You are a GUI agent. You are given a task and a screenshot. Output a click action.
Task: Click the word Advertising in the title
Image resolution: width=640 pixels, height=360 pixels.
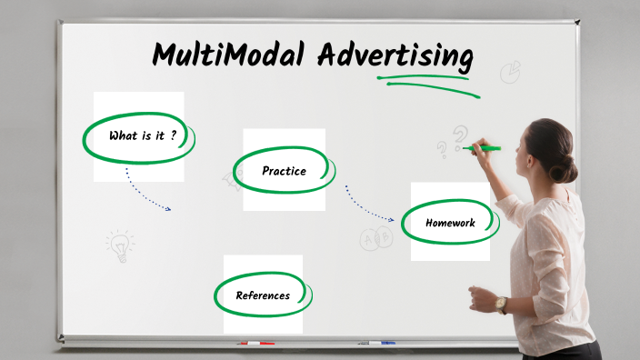click(x=395, y=56)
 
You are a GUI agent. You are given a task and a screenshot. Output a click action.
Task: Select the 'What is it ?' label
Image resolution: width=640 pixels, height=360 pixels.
click(x=141, y=136)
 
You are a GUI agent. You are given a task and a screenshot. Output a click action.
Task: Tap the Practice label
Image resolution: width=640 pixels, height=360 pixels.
click(x=284, y=171)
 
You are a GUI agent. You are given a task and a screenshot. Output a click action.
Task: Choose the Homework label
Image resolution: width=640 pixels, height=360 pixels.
click(x=450, y=223)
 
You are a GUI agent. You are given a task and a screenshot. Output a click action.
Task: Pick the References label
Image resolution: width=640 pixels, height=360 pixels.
click(x=263, y=295)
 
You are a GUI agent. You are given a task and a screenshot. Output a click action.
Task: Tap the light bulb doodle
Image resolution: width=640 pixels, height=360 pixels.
click(x=119, y=245)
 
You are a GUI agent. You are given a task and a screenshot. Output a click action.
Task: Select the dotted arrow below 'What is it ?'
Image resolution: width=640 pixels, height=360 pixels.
click(x=145, y=191)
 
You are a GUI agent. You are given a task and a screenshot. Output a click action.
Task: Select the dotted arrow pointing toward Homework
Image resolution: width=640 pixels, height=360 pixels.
click(x=368, y=205)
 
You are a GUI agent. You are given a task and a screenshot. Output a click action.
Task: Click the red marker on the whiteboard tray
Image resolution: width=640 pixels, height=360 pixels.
click(x=255, y=344)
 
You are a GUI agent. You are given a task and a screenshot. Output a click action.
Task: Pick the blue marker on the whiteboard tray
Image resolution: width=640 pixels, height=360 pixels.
click(x=376, y=344)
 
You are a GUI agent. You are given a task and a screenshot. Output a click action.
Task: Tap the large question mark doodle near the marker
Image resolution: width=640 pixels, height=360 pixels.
click(x=461, y=137)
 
